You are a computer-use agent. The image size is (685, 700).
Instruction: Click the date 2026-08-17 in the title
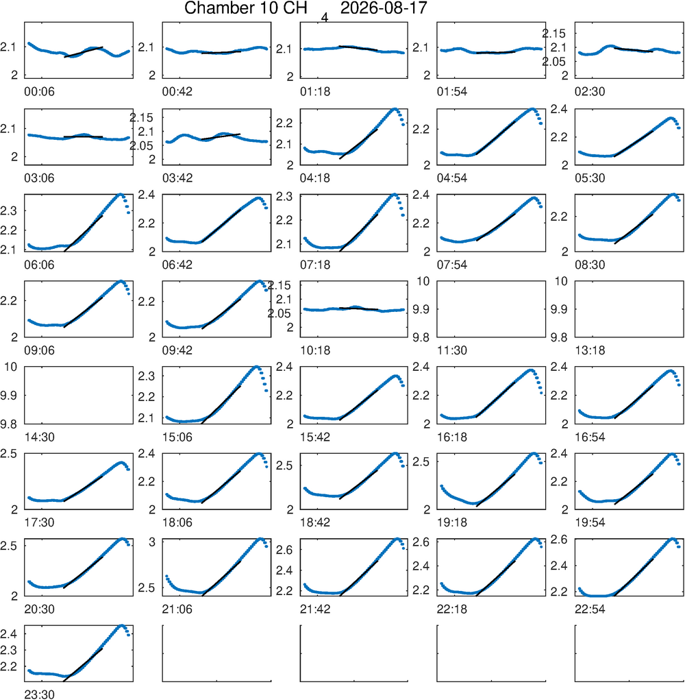384,8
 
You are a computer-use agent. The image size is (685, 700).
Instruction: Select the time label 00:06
39,91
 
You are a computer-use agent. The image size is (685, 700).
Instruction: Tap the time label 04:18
315,178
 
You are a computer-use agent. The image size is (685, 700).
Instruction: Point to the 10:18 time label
315,350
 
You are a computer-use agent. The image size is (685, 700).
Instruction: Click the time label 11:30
452,350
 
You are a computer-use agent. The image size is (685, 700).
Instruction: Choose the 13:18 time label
590,350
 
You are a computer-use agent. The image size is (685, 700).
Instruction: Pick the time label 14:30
39,437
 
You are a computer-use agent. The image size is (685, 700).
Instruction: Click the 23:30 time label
39,695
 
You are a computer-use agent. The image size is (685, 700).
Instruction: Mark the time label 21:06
177,609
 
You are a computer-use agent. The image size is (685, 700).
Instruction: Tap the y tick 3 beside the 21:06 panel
153,542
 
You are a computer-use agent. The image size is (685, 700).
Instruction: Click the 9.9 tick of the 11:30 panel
421,309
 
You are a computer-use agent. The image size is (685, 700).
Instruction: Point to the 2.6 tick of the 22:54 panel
559,540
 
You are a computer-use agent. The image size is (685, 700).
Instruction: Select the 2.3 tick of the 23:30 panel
8,650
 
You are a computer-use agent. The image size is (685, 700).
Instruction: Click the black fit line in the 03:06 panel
83,136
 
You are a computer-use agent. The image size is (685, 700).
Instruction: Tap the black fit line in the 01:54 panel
495,53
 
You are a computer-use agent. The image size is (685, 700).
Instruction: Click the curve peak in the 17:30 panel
121,463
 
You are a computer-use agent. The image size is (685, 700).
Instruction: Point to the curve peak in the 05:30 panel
671,119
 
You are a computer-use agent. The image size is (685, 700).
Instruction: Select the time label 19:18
452,522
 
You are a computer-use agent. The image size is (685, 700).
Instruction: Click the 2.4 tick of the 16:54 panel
559,367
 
